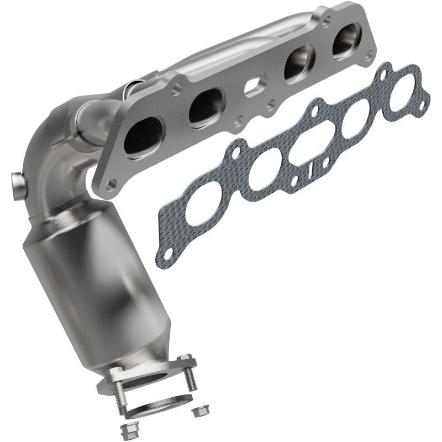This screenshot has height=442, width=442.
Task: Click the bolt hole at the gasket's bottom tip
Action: pyautogui.click(x=162, y=255)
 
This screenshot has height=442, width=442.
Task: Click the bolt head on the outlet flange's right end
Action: pyautogui.click(x=185, y=357)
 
